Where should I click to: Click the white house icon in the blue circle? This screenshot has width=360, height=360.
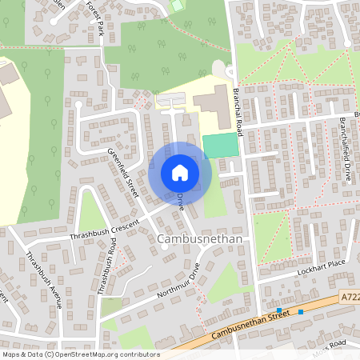point(180,173)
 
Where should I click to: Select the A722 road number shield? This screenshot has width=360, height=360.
point(350,295)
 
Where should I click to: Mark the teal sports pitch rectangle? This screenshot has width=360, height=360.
point(221,146)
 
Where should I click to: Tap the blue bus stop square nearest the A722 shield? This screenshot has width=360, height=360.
point(301,312)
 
